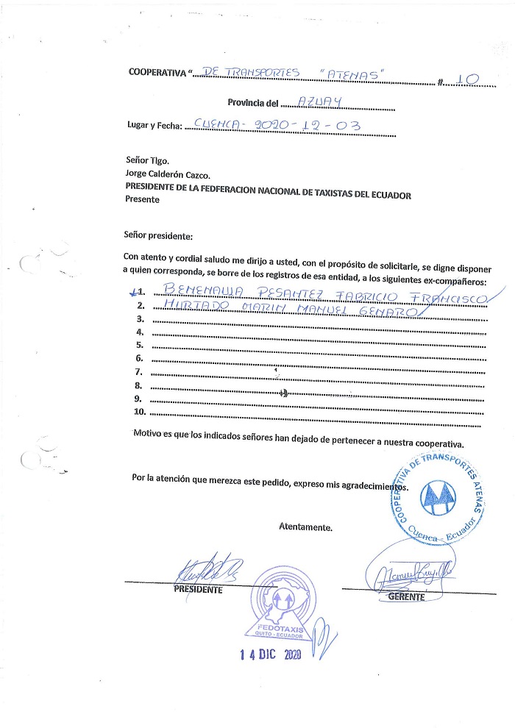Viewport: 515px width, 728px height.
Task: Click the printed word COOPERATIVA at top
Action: [x=157, y=71]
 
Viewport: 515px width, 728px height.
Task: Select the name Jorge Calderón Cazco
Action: [x=168, y=175]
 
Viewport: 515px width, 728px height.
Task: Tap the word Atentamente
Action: [x=305, y=527]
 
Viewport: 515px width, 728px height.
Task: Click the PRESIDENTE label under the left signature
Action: [x=197, y=589]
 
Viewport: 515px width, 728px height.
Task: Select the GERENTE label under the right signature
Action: [x=407, y=596]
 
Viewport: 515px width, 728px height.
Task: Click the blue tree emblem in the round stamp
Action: [x=438, y=499]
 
